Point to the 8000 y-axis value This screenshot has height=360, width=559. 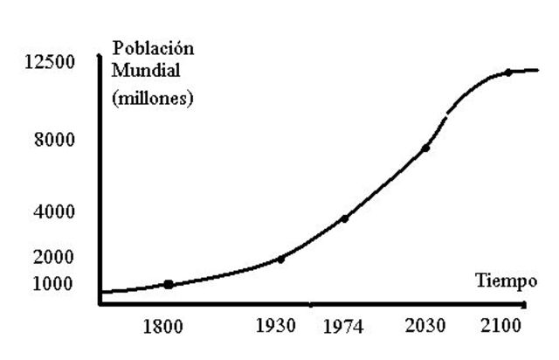[54, 141]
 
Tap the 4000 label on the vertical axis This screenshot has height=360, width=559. [54, 212]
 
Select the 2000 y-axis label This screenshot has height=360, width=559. [54, 258]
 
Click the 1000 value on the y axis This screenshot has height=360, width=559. [54, 284]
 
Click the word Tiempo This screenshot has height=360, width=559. [506, 281]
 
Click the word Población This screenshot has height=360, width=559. [154, 48]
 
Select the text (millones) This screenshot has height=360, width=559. [151, 98]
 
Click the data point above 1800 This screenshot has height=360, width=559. [169, 284]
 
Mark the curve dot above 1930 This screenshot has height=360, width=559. [280, 259]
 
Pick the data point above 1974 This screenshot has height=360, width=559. [345, 218]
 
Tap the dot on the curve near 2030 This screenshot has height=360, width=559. [425, 149]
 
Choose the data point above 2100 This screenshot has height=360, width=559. [507, 73]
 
